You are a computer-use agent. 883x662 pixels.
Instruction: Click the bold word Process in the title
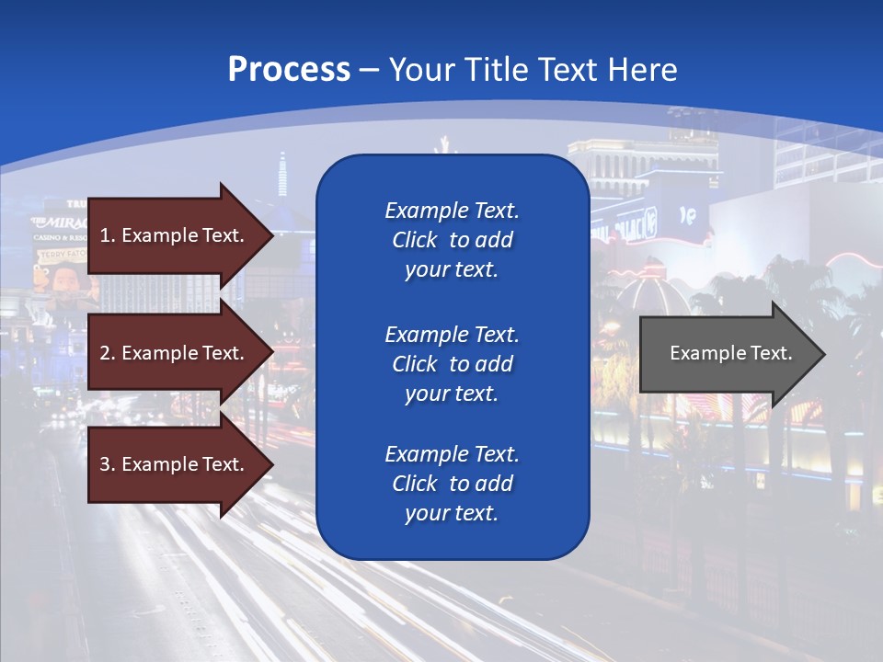coord(289,69)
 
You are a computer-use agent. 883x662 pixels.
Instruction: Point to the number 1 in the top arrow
coord(105,235)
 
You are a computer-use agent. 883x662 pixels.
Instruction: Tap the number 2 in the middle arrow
coord(105,353)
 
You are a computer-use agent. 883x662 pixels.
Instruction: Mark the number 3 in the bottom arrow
coord(105,464)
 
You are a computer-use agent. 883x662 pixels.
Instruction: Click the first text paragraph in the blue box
coord(452,240)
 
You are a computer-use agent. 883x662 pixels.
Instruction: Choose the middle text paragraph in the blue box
coord(452,364)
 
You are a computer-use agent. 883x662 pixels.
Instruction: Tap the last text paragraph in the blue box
coord(452,484)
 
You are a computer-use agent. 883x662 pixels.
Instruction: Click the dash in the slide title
coord(370,69)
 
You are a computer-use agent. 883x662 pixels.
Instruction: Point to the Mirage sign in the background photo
coord(60,223)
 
